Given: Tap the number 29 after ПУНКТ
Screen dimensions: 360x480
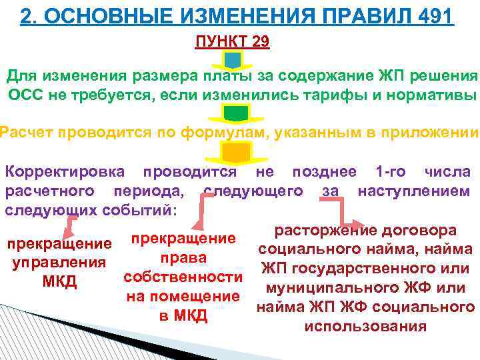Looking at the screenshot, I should pyautogui.click(x=261, y=42).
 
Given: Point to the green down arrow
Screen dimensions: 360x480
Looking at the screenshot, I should pyautogui.click(x=232, y=113).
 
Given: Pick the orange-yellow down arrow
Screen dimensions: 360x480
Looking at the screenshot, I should pyautogui.click(x=232, y=153).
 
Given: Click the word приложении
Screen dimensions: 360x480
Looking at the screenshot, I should pyautogui.click(x=431, y=131).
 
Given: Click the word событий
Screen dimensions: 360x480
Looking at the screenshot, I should pyautogui.click(x=141, y=211).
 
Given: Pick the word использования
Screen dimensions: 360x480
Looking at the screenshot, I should pyautogui.click(x=365, y=327).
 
